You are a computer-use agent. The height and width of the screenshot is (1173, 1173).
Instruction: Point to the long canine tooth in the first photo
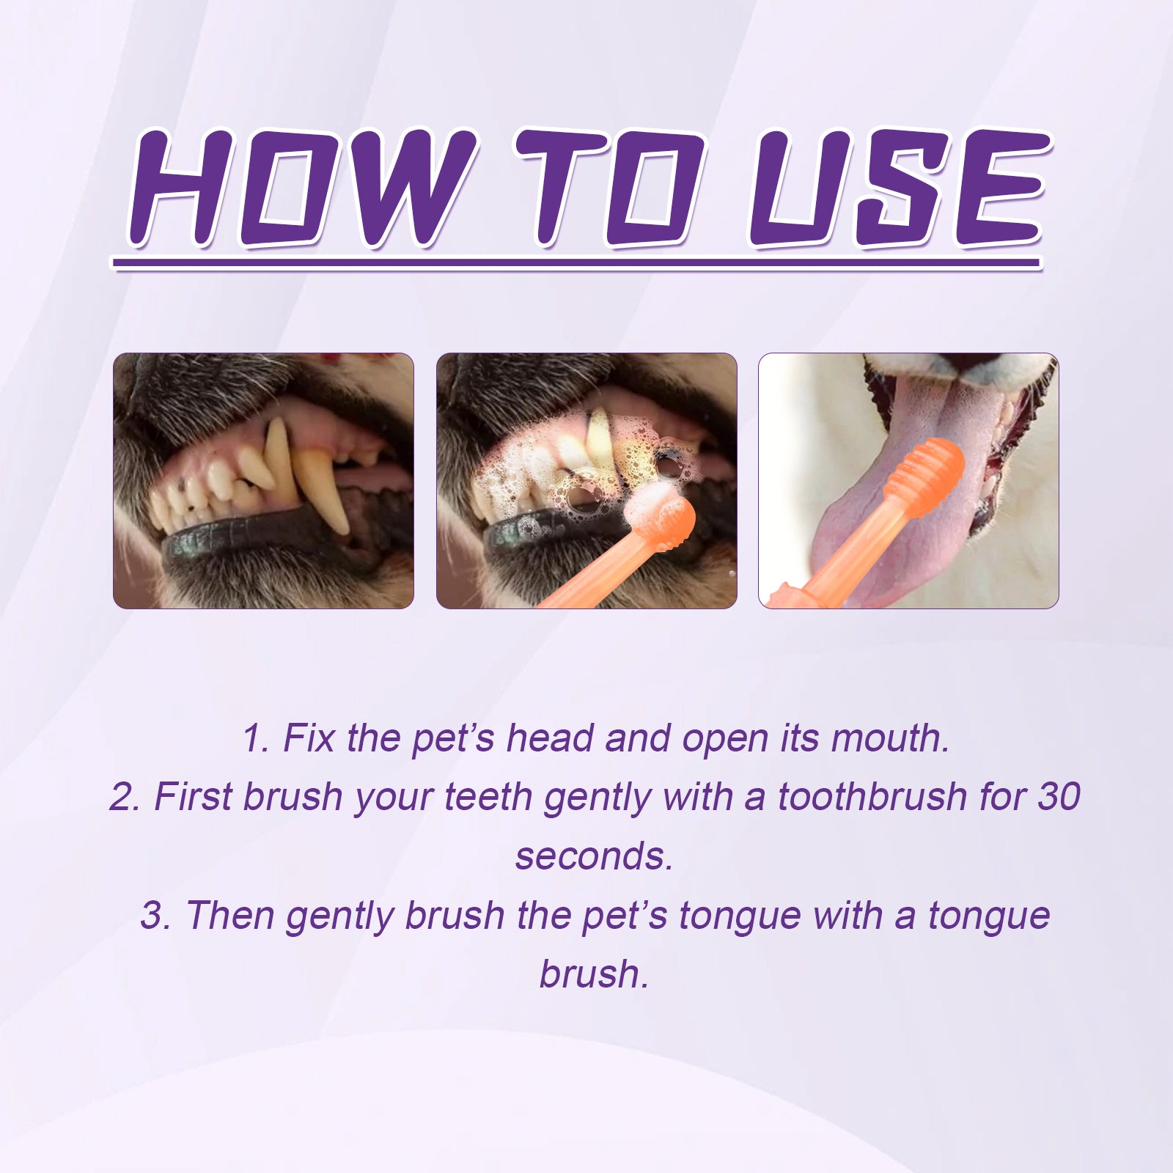323,488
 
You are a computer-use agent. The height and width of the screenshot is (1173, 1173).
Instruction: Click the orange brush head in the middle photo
669,522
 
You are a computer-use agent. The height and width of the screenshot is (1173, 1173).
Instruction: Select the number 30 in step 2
1059,797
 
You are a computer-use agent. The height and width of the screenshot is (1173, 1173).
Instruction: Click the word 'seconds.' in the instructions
594,856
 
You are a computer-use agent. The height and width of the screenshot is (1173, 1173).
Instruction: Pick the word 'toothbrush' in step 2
872,797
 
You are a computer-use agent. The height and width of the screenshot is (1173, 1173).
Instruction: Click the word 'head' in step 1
550,738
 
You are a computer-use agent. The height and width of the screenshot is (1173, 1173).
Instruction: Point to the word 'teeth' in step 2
488,797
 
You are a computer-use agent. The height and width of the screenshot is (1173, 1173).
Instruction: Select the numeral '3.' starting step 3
155,916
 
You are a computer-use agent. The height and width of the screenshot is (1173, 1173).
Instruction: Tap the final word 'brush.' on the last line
594,975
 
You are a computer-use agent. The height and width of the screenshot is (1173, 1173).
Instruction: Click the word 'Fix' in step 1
309,738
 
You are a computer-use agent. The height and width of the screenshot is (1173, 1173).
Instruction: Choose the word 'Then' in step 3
229,916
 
